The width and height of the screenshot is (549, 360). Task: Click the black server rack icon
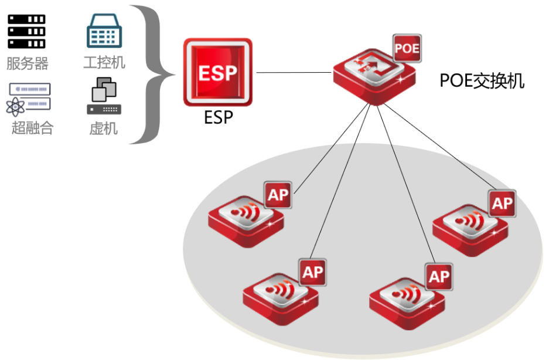pyautogui.click(x=27, y=31)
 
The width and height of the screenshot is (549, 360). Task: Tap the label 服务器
pyautogui.click(x=27, y=63)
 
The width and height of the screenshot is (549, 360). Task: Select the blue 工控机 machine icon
pyautogui.click(x=104, y=31)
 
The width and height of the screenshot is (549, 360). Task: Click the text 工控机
pyautogui.click(x=104, y=63)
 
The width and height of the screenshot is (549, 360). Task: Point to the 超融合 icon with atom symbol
pyautogui.click(x=29, y=99)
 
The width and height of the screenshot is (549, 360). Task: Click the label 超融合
pyautogui.click(x=32, y=128)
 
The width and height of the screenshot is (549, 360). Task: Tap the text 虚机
pyautogui.click(x=104, y=128)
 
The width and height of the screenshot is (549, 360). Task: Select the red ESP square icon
pyautogui.click(x=217, y=73)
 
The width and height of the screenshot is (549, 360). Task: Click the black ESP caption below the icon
pyautogui.click(x=218, y=117)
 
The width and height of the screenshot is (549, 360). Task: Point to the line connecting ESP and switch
pyautogui.click(x=294, y=73)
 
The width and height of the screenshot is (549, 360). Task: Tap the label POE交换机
pyautogui.click(x=482, y=81)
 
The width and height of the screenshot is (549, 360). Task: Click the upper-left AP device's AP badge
pyautogui.click(x=278, y=195)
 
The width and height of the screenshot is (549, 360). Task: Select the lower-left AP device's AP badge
pyautogui.click(x=313, y=271)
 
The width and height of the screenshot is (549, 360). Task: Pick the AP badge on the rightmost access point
pyautogui.click(x=502, y=203)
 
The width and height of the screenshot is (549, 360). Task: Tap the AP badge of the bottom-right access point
pyautogui.click(x=439, y=276)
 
